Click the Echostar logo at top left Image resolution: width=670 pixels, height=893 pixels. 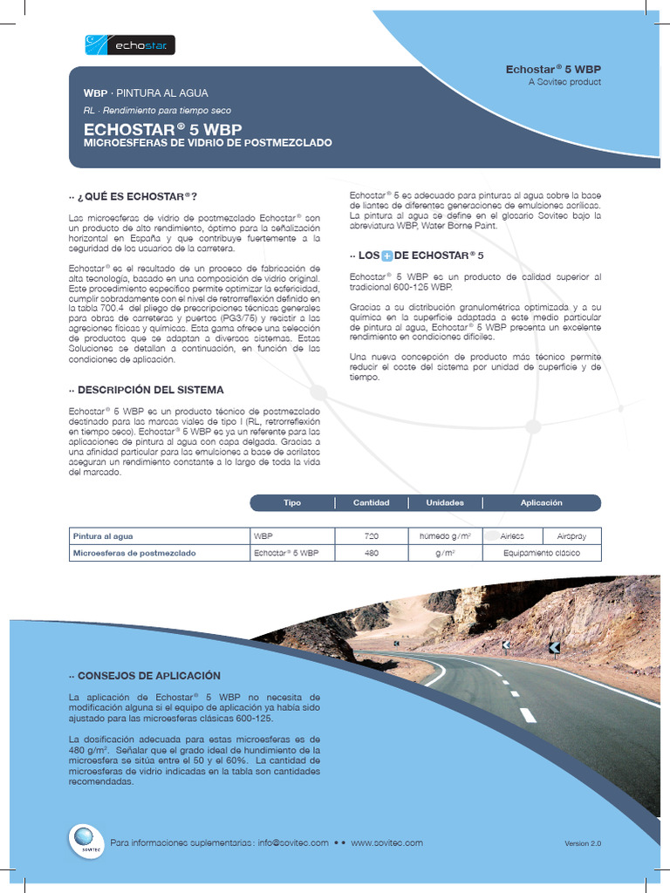131,44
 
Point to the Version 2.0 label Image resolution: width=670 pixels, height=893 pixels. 583,843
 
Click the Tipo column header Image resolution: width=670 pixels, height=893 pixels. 292,503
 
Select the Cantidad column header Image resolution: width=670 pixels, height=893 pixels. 371,503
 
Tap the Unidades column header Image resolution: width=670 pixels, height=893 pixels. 445,503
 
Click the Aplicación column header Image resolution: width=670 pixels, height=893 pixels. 541,503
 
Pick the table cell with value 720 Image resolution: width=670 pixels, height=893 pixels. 371,536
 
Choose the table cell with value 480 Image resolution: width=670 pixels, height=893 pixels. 371,553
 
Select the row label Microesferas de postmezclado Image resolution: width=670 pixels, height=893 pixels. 135,553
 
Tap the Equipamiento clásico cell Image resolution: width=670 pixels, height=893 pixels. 541,553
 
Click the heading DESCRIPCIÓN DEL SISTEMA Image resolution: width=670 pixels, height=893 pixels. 150,390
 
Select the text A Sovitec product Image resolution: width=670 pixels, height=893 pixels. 564,82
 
